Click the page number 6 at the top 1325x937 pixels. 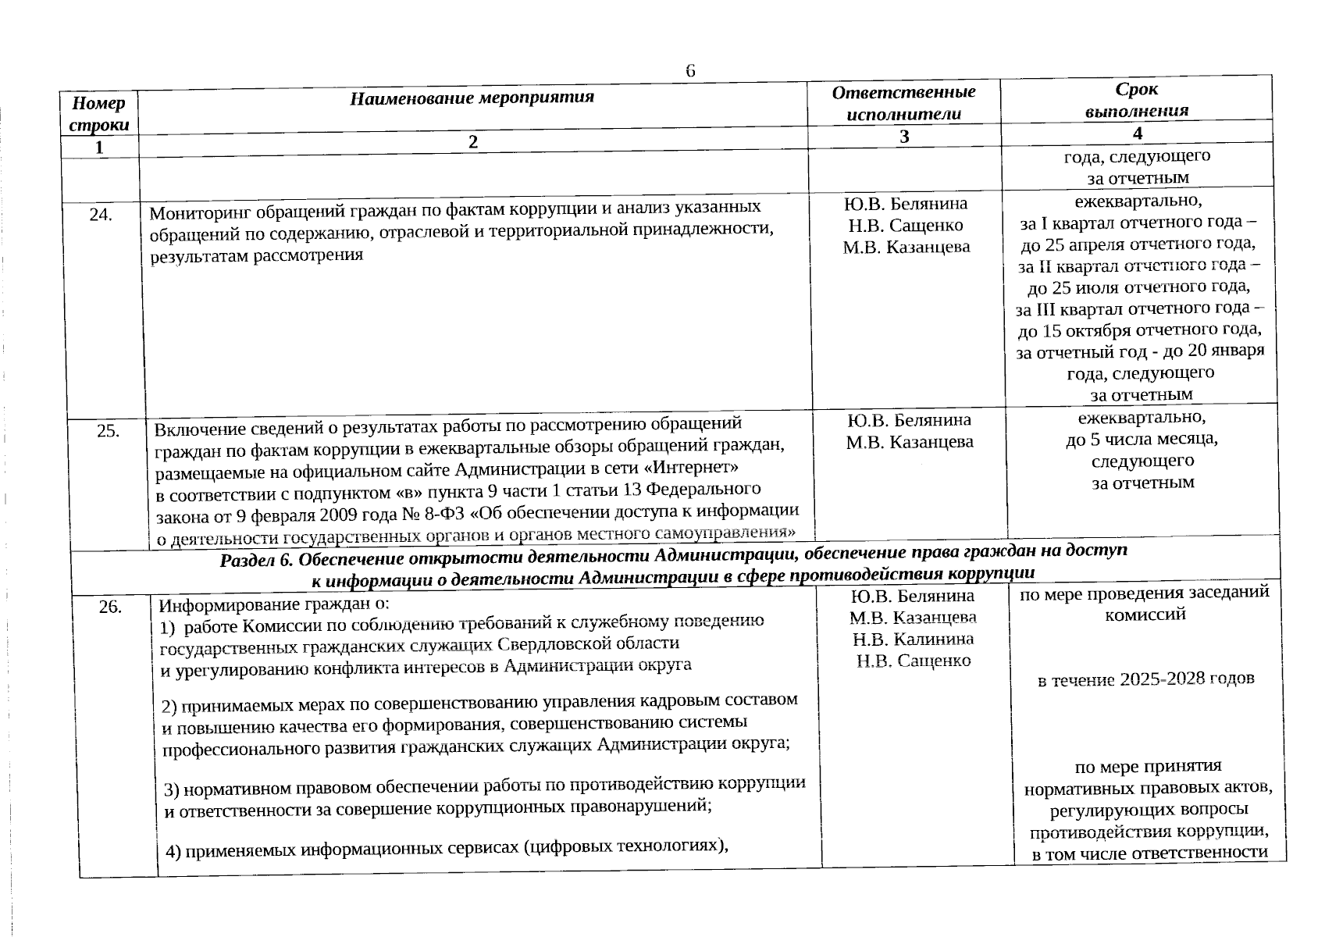coord(690,70)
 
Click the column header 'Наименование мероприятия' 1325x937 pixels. coord(472,98)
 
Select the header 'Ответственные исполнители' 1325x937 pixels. coord(903,102)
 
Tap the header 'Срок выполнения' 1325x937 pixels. coord(1136,99)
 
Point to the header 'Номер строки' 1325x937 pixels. coord(99,114)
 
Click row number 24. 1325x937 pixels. coord(100,216)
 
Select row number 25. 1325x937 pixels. coord(108,430)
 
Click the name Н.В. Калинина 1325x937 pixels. coord(913,639)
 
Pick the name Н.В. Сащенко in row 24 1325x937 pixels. coord(906,226)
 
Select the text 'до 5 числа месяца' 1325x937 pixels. coord(1142,440)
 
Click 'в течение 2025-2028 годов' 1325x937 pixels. coord(1145,679)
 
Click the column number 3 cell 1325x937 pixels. coord(903,137)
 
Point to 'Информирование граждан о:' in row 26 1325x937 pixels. coord(274,605)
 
